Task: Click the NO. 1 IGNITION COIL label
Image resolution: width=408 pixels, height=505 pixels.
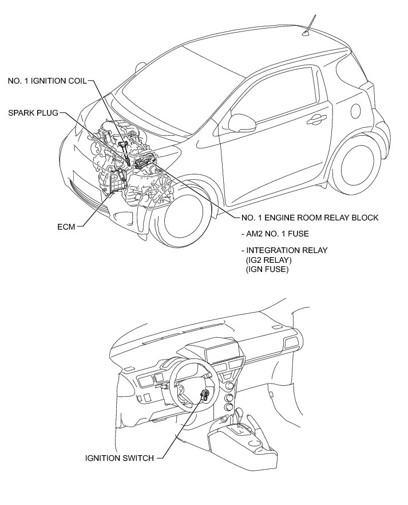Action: pyautogui.click(x=47, y=81)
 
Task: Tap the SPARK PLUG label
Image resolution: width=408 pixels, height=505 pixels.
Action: pyautogui.click(x=33, y=113)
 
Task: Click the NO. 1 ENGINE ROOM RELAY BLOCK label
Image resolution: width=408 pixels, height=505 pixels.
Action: pyautogui.click(x=310, y=218)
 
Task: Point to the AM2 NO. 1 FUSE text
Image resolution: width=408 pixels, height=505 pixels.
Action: pyautogui.click(x=278, y=234)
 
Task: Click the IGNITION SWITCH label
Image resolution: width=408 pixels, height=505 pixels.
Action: pyautogui.click(x=119, y=457)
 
